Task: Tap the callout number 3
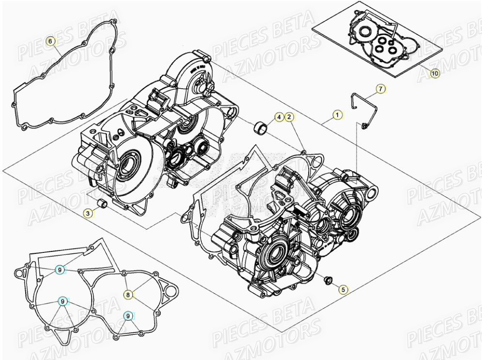click(x=88, y=213)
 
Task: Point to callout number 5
click(x=343, y=290)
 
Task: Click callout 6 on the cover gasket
click(x=50, y=41)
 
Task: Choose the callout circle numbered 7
click(x=381, y=89)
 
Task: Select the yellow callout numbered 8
click(x=128, y=294)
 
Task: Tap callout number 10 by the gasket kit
click(x=434, y=74)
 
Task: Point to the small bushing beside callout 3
click(x=102, y=203)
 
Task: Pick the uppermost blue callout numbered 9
click(x=60, y=270)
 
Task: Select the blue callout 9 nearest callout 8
click(x=128, y=315)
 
